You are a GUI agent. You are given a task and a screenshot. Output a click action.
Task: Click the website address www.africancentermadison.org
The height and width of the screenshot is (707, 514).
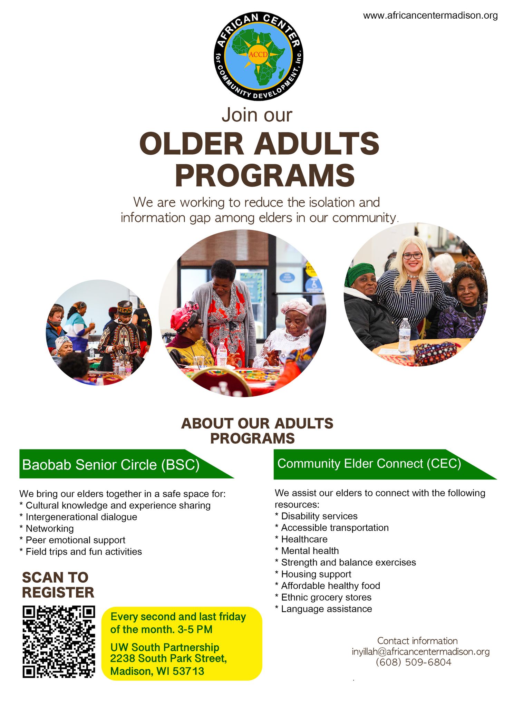pos(430,16)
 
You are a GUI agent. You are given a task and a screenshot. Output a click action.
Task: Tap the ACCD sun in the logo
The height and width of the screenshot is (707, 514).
pos(258,55)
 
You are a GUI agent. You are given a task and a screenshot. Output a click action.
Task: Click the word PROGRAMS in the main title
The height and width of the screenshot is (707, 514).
pos(265,176)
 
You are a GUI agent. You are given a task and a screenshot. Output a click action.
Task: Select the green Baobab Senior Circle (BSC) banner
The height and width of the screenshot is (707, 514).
pos(126,464)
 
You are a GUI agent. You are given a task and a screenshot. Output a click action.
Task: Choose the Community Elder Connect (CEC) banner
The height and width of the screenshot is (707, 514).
pos(385,464)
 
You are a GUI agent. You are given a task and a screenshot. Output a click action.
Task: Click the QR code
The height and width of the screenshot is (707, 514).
pos(59,641)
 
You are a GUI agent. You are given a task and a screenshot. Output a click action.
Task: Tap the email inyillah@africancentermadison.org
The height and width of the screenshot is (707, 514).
pos(420,652)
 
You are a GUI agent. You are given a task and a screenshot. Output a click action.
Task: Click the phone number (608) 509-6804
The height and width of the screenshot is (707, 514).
pos(414,662)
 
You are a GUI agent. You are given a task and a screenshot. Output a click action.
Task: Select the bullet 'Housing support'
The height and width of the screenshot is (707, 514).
pos(313,574)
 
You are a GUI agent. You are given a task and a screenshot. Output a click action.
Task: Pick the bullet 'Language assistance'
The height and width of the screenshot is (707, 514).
pos(323,609)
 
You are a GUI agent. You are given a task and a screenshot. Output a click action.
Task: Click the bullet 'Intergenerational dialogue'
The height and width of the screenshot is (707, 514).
pos(78,517)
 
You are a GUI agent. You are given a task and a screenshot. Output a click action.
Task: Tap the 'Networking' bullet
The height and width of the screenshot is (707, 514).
pos(47,529)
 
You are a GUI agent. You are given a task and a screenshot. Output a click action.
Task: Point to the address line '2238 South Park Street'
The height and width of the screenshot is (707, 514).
pos(168,659)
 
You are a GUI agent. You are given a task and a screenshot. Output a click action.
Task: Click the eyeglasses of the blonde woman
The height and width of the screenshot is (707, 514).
pos(412,256)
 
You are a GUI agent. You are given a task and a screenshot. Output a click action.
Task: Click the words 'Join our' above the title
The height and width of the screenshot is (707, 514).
pos(257,115)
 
